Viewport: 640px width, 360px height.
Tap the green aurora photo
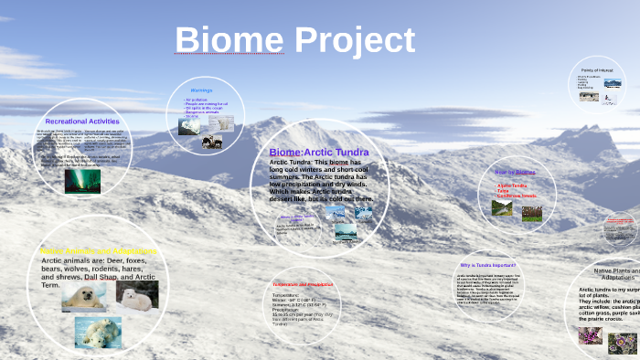[x=82, y=180]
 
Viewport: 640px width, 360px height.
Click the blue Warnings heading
[x=201, y=90]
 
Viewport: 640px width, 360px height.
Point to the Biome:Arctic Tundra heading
[x=318, y=152]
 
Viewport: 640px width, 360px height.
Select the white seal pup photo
[x=83, y=296]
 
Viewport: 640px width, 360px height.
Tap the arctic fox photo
[x=137, y=294]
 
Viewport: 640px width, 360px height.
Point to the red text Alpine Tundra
[x=512, y=185]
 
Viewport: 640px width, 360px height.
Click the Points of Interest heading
[x=596, y=70]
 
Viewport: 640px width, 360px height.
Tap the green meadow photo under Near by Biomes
[x=502, y=208]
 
